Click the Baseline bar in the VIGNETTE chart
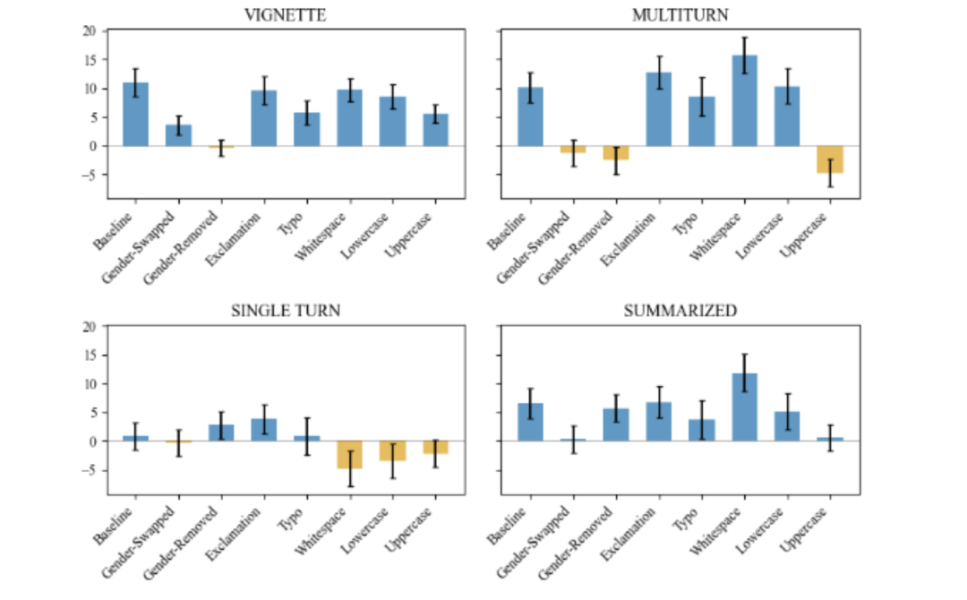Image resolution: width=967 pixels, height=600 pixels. tap(135, 115)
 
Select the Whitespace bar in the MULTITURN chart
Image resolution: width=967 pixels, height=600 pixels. tap(744, 101)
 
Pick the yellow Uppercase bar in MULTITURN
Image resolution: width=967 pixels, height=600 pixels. tap(830, 159)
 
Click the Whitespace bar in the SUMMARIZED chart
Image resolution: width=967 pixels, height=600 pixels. tap(744, 407)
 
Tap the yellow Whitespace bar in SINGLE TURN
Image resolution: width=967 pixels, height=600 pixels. tap(350, 455)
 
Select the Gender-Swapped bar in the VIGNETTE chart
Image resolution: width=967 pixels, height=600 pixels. tap(178, 135)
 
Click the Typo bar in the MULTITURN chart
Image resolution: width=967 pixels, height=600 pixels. tap(701, 121)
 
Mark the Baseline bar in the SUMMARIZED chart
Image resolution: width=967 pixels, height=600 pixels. tap(529, 423)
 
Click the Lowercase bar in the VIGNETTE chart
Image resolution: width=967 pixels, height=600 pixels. tap(393, 122)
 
